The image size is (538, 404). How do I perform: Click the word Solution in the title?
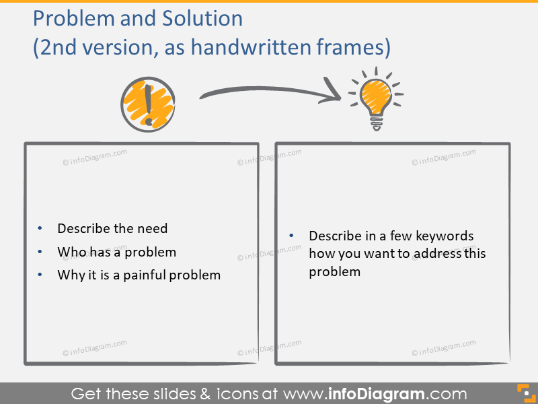[202, 18]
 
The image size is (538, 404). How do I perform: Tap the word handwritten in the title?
[251, 46]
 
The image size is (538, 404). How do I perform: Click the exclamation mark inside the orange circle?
[148, 105]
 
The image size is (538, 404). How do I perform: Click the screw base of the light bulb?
[377, 123]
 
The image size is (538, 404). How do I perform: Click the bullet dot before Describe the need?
[40, 228]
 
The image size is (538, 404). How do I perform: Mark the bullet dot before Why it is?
[40, 275]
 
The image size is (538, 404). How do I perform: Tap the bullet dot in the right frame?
[291, 235]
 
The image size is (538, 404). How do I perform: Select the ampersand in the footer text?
[205, 394]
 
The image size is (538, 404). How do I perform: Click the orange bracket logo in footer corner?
[526, 393]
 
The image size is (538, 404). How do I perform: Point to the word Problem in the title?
[74, 18]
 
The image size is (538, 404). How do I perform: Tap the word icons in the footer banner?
[238, 394]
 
